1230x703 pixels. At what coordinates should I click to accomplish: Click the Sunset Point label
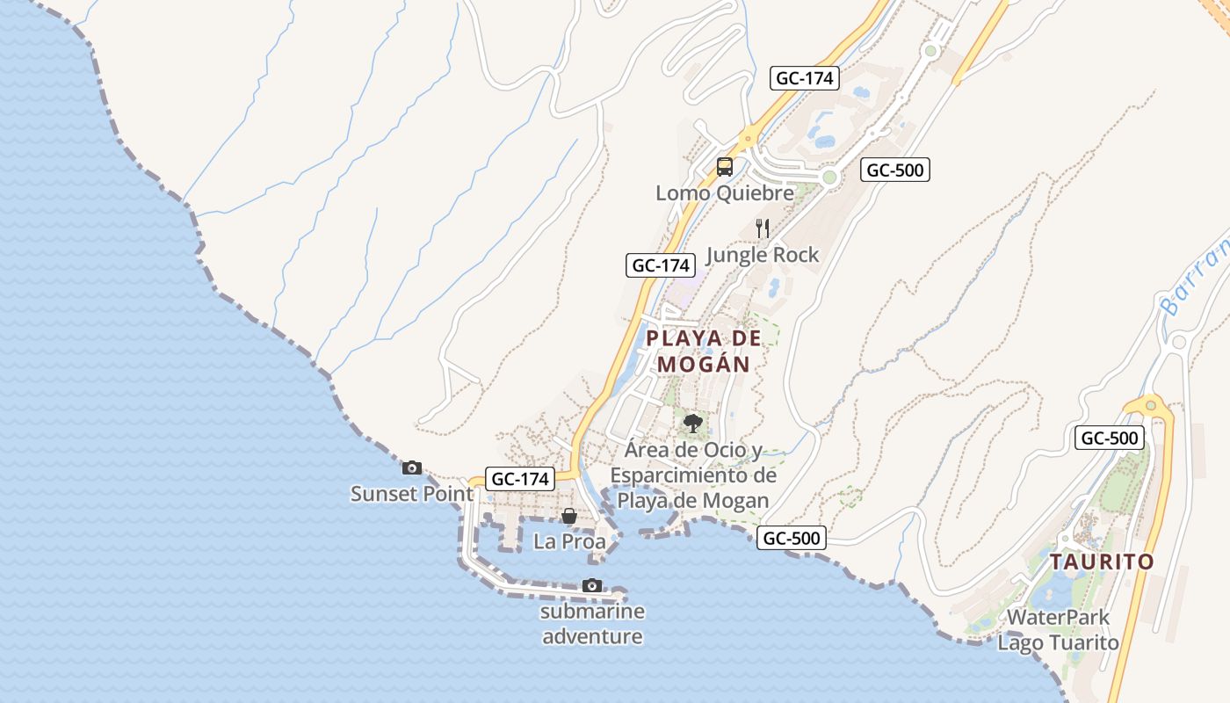pos(411,494)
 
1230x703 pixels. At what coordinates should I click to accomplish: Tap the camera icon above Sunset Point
pos(411,467)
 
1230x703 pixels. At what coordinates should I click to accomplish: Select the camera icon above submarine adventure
pos(592,585)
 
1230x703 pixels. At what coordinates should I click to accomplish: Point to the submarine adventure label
pos(592,624)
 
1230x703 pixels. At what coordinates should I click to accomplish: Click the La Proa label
pos(569,541)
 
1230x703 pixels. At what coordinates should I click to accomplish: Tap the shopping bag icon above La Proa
pos(569,516)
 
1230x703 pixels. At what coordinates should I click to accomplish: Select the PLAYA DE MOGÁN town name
pos(703,351)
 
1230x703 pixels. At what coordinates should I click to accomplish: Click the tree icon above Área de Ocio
pos(693,424)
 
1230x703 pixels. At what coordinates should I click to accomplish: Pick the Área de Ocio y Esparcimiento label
pos(693,475)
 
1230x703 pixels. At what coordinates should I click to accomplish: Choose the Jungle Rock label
pos(762,255)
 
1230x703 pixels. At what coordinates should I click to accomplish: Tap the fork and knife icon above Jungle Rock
pos(762,228)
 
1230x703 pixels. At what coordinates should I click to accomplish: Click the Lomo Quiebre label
pos(724,192)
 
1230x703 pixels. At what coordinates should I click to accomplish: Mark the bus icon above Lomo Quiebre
pos(724,166)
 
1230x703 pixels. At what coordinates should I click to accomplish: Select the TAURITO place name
pos(1102,562)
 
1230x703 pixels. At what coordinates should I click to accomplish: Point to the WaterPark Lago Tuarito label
pos(1058,630)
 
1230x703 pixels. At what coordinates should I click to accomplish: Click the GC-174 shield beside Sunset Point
pos(521,479)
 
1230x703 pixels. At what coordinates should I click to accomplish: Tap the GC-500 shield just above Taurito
pos(1110,438)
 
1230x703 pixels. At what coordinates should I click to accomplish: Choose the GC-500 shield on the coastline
pos(792,538)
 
